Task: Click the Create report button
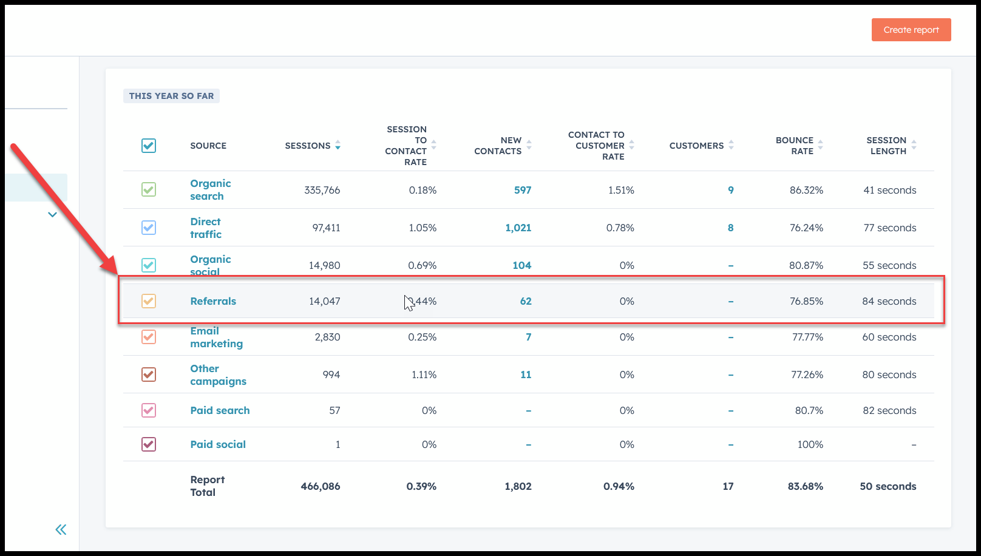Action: click(911, 30)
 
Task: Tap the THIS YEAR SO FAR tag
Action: click(171, 96)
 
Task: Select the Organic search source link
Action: click(210, 189)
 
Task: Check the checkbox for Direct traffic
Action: click(149, 228)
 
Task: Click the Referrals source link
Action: click(213, 301)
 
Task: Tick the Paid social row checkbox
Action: click(149, 444)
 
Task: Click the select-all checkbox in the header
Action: click(149, 146)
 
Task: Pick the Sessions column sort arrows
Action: click(338, 146)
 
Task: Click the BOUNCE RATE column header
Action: click(795, 146)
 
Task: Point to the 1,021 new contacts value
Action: click(518, 228)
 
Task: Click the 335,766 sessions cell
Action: click(322, 190)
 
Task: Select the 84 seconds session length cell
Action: click(889, 301)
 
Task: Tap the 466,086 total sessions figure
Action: click(321, 486)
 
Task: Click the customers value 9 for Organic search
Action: click(730, 190)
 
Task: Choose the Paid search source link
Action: click(220, 410)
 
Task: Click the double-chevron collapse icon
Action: click(61, 530)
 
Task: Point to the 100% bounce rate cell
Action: click(810, 444)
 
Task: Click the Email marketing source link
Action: click(216, 337)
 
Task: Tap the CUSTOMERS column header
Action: click(696, 146)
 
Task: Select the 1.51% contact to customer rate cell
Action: click(621, 190)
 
